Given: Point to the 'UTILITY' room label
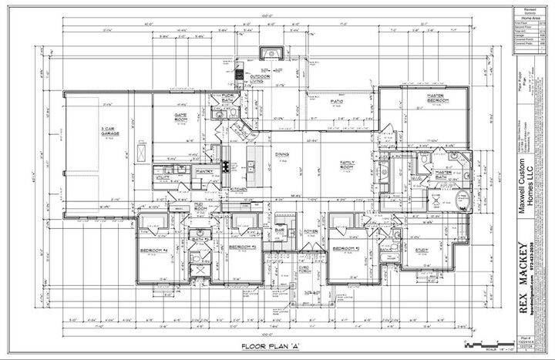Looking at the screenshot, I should pos(162,177).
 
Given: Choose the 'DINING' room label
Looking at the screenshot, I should pos(282,155).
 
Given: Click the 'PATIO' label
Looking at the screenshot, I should pos(337,101).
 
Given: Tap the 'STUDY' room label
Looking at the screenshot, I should pos(422,250).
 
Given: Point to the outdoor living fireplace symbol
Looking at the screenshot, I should pos(271,53).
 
